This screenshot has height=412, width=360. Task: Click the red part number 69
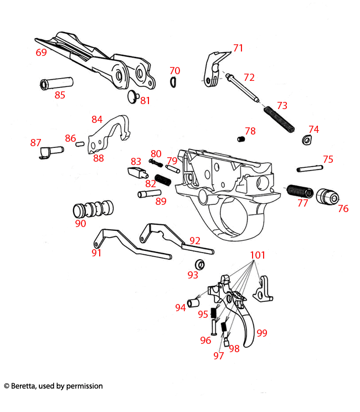point(41,53)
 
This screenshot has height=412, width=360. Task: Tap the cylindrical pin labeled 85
point(56,84)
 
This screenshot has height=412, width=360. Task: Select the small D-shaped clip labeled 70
point(173,82)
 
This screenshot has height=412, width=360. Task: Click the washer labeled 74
point(306,140)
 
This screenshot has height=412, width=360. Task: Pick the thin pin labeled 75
point(309,168)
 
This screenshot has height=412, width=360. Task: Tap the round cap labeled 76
point(328,196)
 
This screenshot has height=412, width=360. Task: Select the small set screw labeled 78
point(241,138)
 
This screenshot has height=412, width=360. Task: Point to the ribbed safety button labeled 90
point(94,209)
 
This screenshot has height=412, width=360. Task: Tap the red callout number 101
point(258,255)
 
